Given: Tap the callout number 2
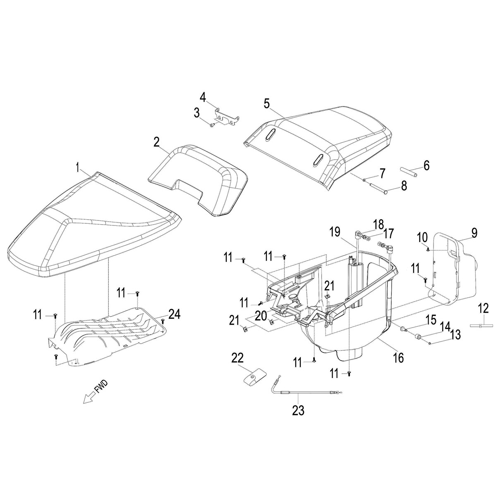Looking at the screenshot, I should (156, 142).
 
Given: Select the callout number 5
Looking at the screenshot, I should (266, 103).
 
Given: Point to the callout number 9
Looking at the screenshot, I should (474, 232).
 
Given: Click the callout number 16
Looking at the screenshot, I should (398, 358).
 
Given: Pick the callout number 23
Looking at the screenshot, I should (298, 411).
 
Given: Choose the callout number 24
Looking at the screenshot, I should (175, 315).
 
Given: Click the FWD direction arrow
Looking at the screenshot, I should (88, 398).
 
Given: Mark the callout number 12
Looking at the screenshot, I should (483, 308).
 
